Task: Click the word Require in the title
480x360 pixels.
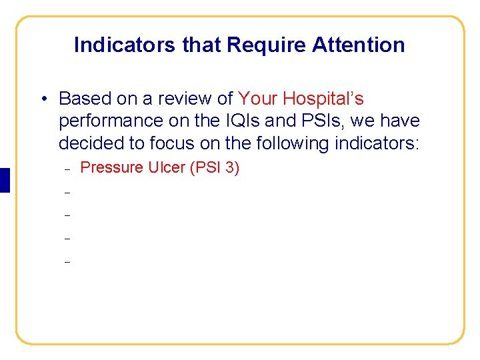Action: tap(257, 45)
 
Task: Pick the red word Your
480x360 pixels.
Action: tap(258, 99)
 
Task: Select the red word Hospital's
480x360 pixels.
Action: tap(323, 99)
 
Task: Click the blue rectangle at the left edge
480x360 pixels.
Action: tap(5, 181)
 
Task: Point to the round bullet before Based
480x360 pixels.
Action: tap(42, 99)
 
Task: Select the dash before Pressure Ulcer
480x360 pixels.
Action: tap(67, 169)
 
